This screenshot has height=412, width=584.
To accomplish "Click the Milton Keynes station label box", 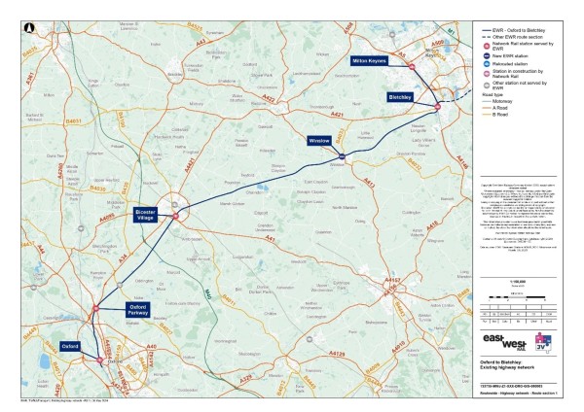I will coord(371,60).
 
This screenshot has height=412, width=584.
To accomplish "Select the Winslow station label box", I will coord(320,140).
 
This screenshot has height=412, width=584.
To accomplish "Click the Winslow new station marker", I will coord(343,155).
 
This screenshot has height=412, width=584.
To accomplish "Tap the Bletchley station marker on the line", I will coord(439,105).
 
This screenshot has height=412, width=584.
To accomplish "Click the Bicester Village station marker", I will coord(175,216).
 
